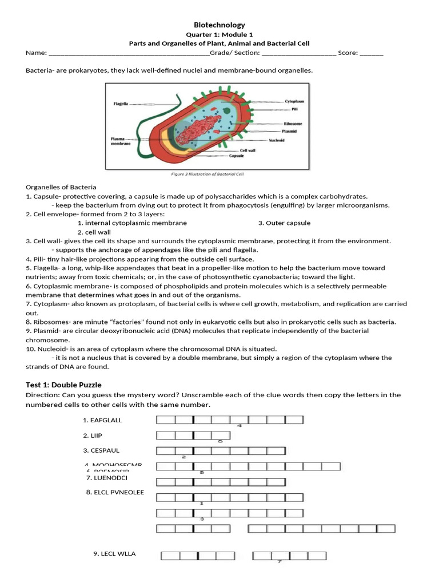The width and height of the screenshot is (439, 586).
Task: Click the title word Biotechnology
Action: tap(219, 25)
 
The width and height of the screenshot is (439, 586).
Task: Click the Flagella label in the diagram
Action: tap(121, 104)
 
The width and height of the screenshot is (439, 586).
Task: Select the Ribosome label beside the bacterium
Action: tap(293, 124)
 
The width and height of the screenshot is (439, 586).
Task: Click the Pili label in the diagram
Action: tap(294, 109)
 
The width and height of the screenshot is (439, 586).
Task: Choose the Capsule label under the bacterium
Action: tap(237, 156)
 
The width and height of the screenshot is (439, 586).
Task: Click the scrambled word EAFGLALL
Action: tap(102, 420)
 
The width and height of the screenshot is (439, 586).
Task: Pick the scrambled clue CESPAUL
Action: tap(101, 450)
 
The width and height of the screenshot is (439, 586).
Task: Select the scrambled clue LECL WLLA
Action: tap(114, 553)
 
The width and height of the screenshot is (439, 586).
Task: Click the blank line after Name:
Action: tap(129, 53)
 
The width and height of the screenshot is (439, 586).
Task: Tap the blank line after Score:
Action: tap(372, 53)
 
